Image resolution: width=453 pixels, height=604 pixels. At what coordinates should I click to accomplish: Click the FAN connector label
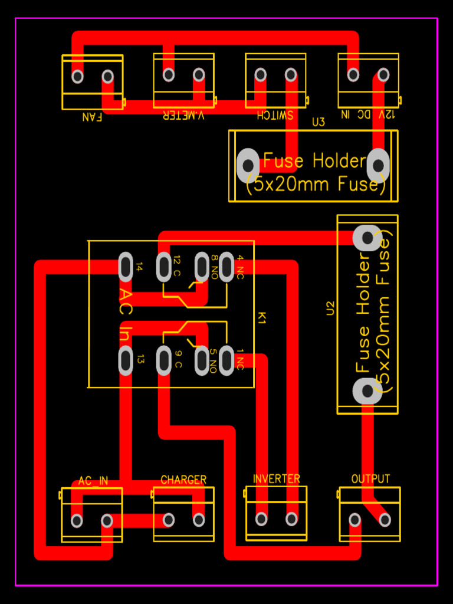click(92, 116)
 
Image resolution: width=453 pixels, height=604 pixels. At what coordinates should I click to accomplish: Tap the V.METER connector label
click(183, 116)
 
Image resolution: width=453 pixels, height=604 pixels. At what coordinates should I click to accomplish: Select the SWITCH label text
click(275, 115)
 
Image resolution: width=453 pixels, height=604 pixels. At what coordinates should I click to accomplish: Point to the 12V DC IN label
click(368, 114)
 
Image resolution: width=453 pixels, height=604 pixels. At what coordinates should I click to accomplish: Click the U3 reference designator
click(319, 122)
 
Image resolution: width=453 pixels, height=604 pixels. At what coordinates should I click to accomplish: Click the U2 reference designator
click(330, 308)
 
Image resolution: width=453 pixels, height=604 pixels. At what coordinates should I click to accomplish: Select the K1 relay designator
click(262, 318)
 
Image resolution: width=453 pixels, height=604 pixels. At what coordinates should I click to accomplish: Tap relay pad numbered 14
click(126, 267)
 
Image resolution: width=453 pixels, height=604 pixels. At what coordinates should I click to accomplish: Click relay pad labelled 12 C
click(164, 267)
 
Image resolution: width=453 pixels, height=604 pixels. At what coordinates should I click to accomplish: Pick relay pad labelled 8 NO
click(202, 267)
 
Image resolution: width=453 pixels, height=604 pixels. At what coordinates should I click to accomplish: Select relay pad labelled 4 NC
click(227, 267)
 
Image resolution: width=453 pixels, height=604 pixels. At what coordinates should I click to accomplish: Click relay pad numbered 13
click(126, 360)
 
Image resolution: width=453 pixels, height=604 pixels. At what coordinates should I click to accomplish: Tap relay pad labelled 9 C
click(164, 360)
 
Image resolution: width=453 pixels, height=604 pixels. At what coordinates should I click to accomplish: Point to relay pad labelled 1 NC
click(227, 360)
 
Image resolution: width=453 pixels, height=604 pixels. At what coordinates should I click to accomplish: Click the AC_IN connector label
click(93, 481)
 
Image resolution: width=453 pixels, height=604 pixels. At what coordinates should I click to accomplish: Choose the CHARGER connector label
click(183, 480)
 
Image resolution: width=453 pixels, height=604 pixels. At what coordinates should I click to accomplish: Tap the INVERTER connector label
click(276, 478)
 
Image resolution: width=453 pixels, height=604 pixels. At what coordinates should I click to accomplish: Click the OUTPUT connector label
click(370, 478)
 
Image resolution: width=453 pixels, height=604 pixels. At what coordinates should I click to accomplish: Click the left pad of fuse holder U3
click(248, 165)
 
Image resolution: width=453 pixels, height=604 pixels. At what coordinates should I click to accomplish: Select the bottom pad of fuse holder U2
click(367, 390)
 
